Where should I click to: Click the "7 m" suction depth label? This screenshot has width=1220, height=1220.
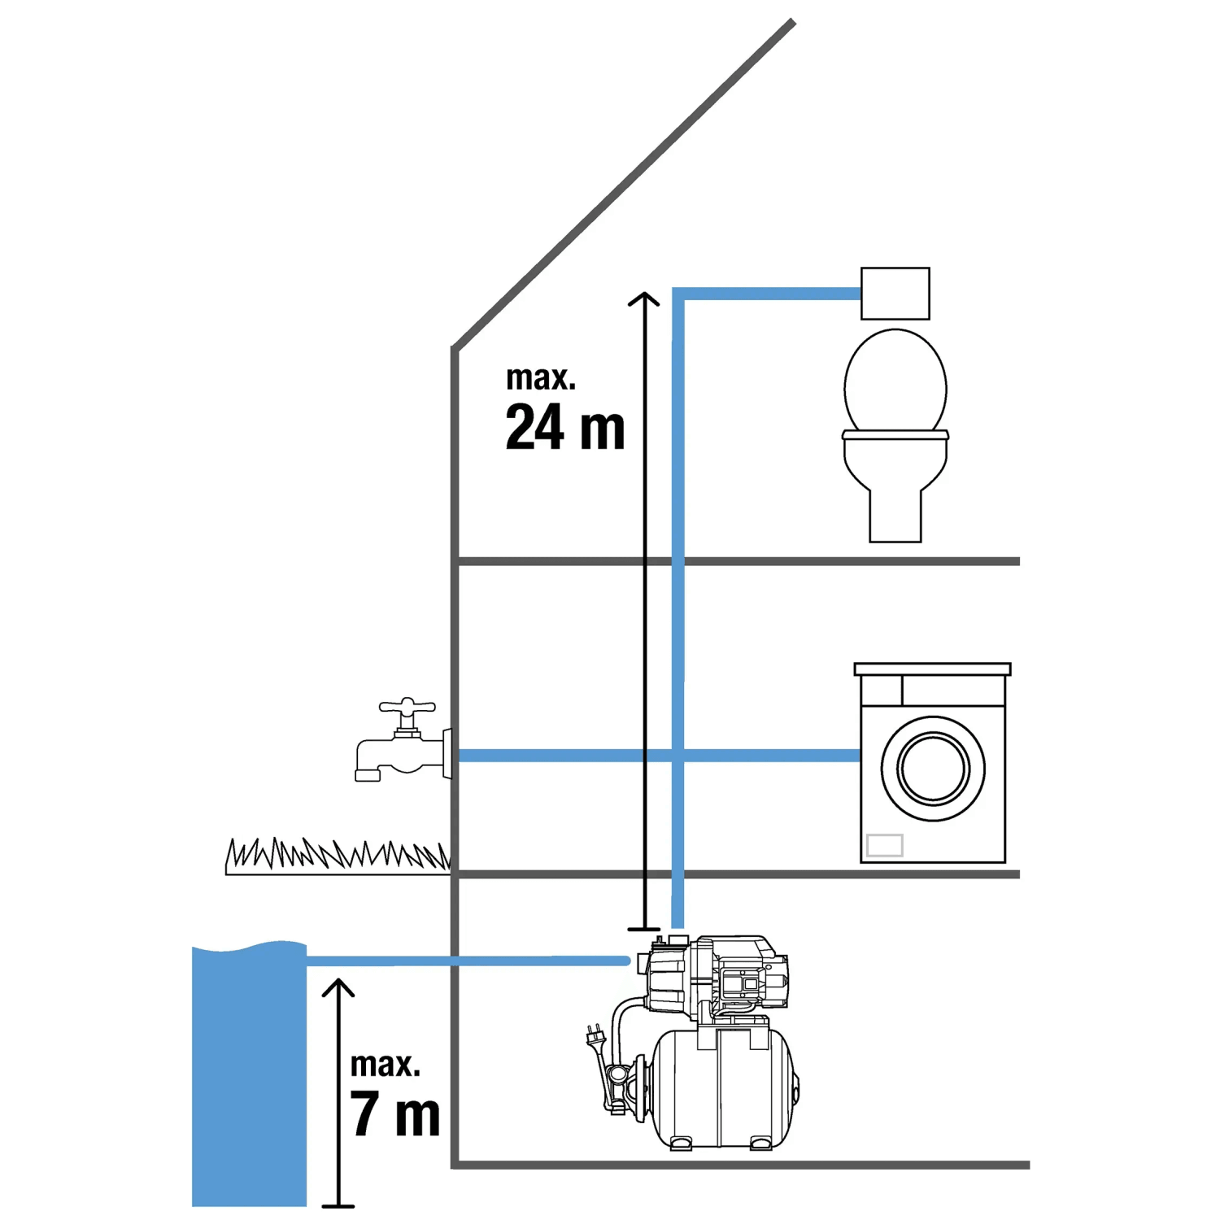tap(395, 1113)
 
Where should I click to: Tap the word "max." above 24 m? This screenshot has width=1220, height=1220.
tap(540, 378)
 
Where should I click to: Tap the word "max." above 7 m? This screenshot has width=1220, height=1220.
tap(385, 1065)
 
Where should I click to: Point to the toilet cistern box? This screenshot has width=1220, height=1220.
tap(895, 294)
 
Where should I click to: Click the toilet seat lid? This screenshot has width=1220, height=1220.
tap(895, 381)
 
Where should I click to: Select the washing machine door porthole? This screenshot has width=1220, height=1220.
tap(933, 769)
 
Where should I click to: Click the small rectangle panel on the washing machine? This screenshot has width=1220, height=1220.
tap(884, 845)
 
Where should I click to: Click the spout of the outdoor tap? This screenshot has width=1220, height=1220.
tap(368, 771)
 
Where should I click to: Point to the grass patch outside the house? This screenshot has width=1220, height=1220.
tap(337, 856)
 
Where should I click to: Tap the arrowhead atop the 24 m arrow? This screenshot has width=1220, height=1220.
tap(644, 298)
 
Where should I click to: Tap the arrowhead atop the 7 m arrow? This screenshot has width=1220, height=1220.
tap(338, 987)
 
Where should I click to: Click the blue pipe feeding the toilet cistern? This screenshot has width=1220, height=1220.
tap(765, 294)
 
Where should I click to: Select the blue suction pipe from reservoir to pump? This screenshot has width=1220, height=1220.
tap(464, 961)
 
